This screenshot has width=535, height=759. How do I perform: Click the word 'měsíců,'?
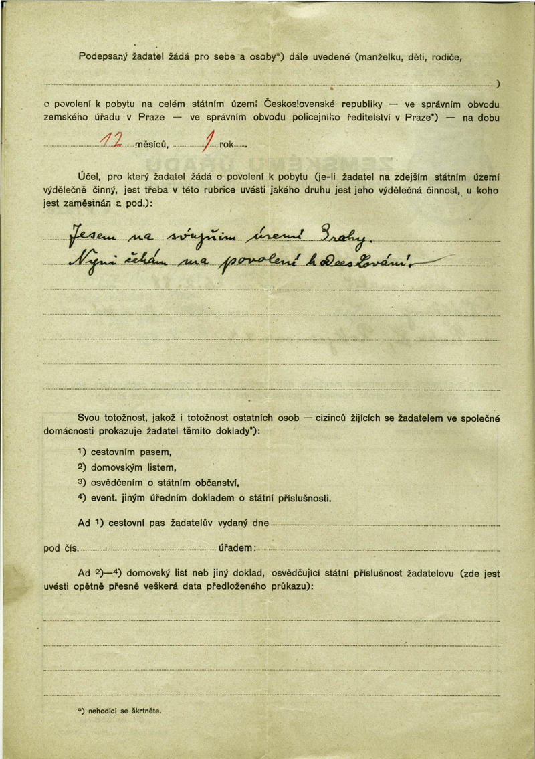click(151, 145)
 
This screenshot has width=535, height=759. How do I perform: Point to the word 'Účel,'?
click(89, 177)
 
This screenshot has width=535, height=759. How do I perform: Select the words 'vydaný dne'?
click(245, 523)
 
